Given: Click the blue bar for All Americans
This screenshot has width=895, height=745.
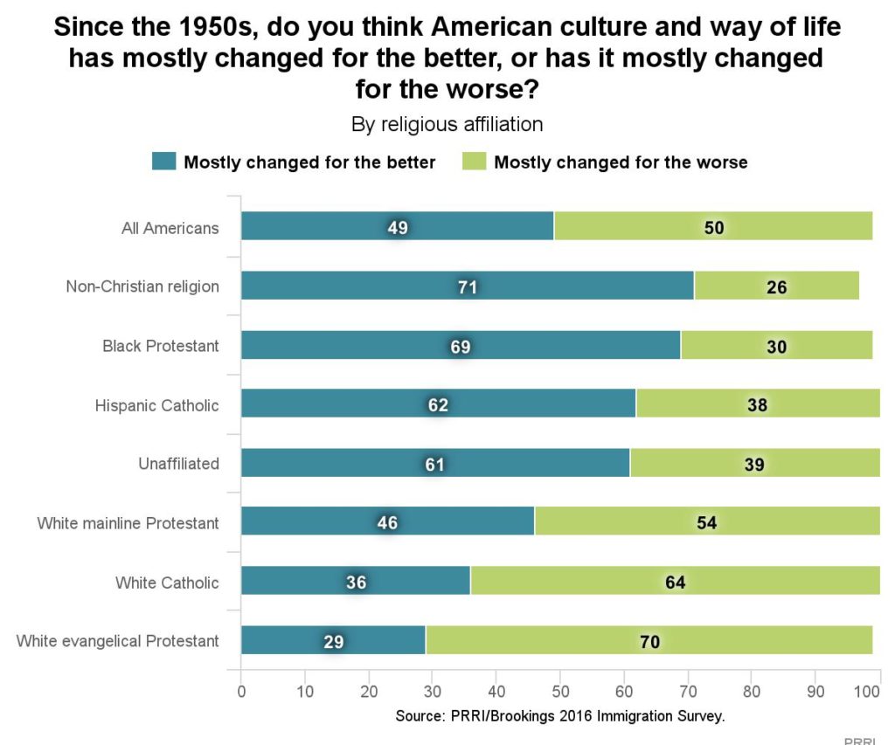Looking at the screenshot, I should [397, 226].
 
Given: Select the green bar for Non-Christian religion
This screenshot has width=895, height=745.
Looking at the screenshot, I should [776, 286].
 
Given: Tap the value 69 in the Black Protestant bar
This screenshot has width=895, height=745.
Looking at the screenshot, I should [461, 346].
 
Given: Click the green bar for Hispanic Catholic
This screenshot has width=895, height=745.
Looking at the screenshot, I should [757, 404].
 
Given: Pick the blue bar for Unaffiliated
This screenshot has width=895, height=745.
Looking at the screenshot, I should [434, 463].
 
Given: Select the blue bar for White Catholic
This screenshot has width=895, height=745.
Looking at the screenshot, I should [355, 582].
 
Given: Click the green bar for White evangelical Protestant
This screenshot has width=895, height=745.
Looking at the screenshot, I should [649, 641].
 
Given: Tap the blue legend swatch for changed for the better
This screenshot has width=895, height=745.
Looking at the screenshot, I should [164, 162].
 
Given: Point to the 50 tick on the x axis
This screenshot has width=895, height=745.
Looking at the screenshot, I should [560, 688].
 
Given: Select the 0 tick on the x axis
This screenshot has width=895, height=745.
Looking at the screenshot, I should [241, 688].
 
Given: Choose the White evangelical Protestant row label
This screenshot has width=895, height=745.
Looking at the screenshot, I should [117, 641].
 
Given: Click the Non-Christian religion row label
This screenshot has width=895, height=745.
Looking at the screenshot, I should [142, 286].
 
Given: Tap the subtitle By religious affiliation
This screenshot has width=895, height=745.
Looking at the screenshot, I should [447, 125].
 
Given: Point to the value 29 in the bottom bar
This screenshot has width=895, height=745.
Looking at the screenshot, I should [333, 641].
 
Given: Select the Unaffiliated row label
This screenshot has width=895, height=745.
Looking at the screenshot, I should [178, 463].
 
